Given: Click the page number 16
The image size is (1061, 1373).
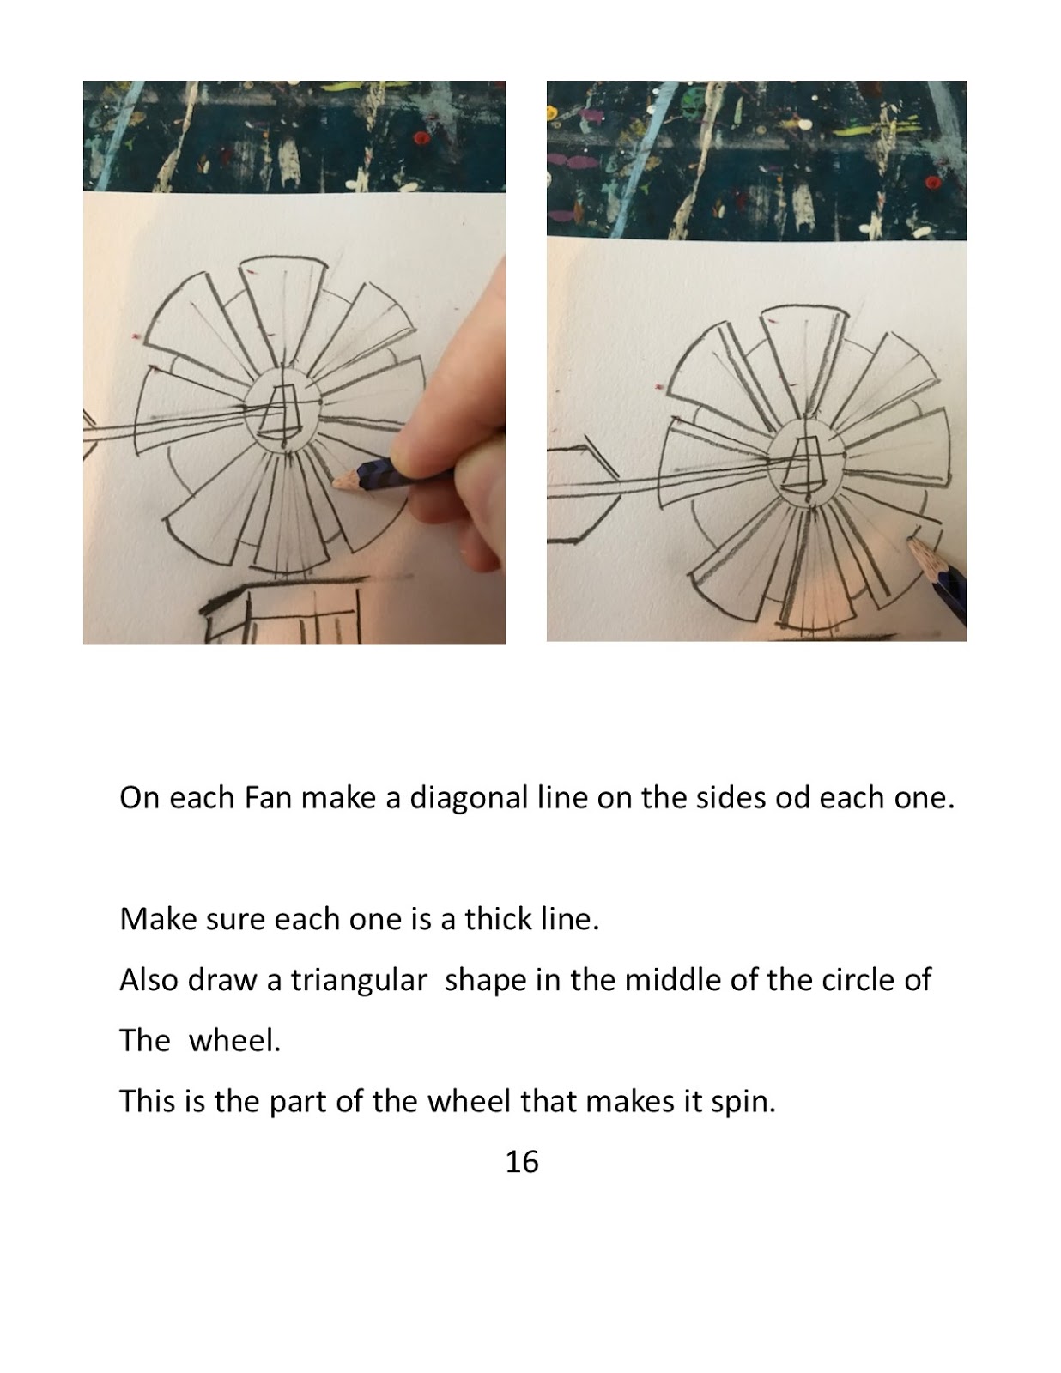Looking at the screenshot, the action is [x=522, y=1162].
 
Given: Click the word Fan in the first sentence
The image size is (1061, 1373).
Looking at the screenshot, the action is [x=268, y=798].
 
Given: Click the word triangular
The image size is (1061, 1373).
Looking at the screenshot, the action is [x=359, y=981].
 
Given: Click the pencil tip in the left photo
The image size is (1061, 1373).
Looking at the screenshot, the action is [x=334, y=483].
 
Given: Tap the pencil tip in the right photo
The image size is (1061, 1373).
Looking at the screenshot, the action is [x=911, y=541].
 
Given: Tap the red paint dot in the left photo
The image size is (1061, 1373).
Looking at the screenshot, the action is [x=421, y=138].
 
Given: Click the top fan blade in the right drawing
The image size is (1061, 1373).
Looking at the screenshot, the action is [x=802, y=354].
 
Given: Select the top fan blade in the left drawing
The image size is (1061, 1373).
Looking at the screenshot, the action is [x=282, y=311].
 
